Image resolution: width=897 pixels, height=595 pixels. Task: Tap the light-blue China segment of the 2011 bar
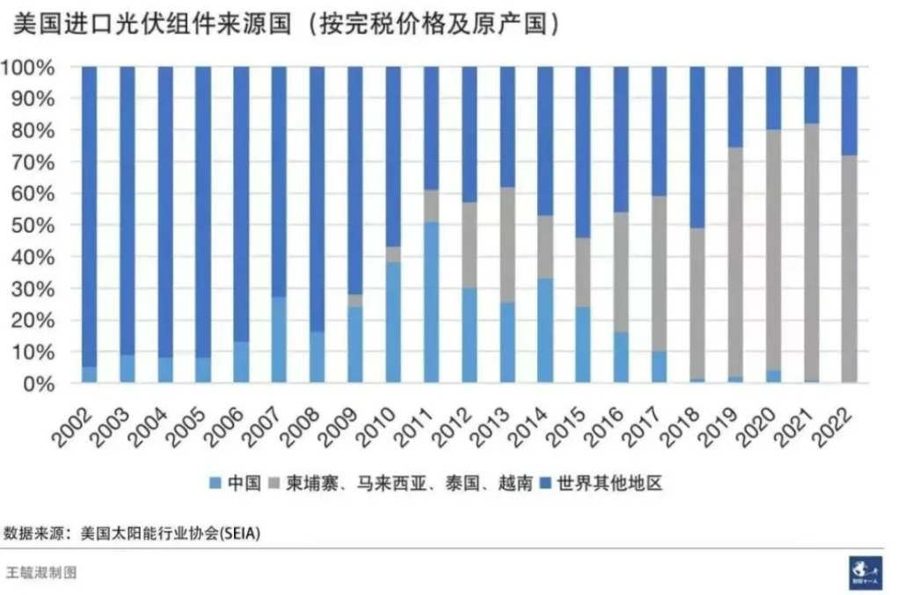click(x=431, y=301)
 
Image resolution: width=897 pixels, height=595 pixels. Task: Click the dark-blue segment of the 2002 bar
click(x=89, y=215)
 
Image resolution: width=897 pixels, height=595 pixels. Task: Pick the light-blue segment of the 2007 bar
click(x=279, y=339)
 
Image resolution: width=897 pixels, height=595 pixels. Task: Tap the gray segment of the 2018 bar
click(x=696, y=303)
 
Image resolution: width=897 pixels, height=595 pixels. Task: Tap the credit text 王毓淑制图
click(x=41, y=572)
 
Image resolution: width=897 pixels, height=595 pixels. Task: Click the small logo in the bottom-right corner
click(x=864, y=571)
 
